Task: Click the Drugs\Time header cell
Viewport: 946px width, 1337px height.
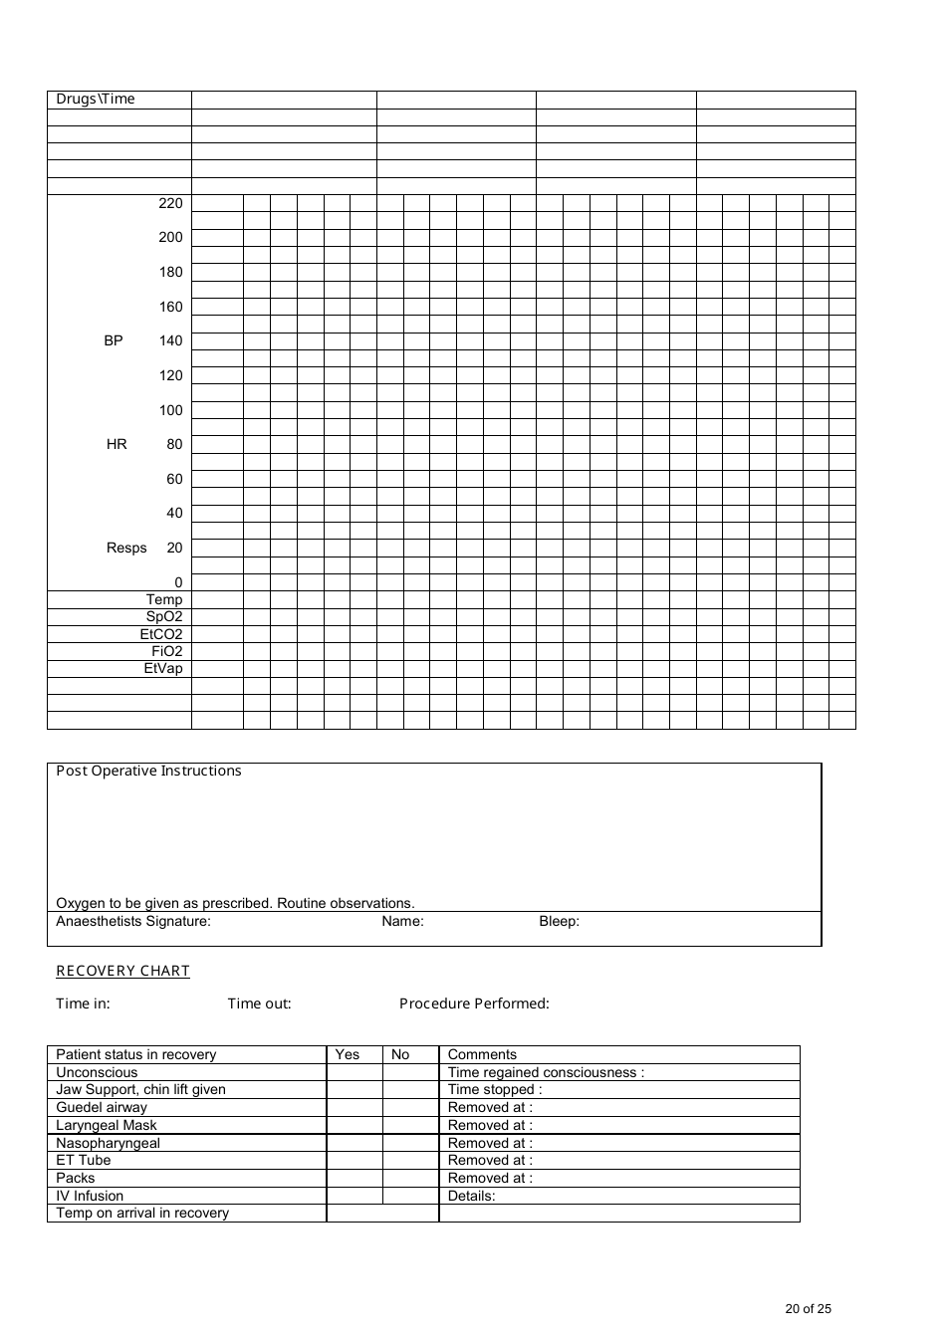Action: pos(96,100)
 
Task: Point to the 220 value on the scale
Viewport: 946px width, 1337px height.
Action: pos(170,203)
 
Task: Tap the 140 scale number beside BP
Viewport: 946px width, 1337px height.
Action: pos(170,340)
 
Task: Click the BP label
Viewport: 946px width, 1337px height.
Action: pos(114,340)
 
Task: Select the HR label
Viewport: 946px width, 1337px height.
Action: pos(117,444)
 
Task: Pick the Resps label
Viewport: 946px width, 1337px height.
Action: pos(126,548)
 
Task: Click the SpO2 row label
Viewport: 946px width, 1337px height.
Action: pos(164,617)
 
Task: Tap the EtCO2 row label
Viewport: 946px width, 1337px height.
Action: pos(161,634)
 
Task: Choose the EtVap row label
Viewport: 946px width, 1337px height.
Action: pos(163,669)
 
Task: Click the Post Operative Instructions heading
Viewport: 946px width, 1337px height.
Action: pos(148,771)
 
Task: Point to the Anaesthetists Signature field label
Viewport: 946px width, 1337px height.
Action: pos(133,922)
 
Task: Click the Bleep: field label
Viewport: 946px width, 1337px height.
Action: pos(559,922)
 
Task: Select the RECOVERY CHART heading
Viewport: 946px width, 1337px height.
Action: pos(122,971)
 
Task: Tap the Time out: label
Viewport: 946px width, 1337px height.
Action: pos(259,1003)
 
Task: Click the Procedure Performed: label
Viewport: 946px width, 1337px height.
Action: pos(474,1003)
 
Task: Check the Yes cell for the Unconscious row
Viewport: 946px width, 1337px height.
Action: pos(355,1073)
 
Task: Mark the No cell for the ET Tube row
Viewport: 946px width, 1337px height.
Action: pos(410,1161)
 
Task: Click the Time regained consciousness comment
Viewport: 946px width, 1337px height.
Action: pos(546,1073)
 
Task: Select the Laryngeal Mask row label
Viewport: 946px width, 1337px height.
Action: pos(107,1126)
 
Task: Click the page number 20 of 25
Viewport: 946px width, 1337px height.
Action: pos(808,1309)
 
